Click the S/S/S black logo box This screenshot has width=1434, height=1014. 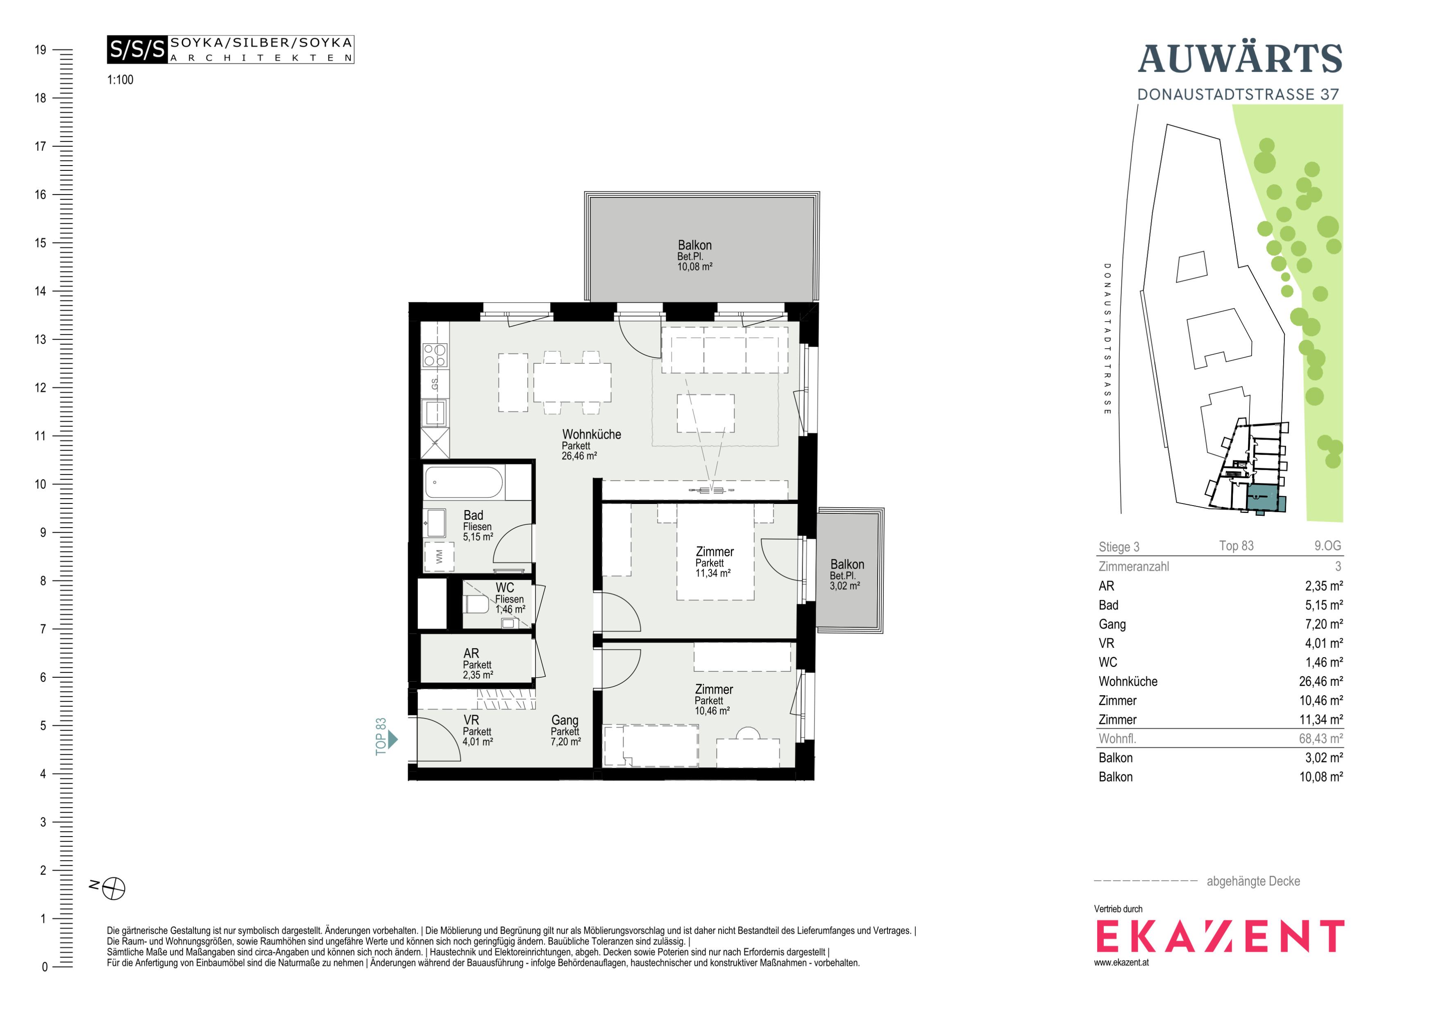pos(137,49)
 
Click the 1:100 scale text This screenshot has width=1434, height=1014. pos(120,80)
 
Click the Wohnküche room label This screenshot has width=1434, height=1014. pos(592,435)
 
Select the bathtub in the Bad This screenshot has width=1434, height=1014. pos(464,483)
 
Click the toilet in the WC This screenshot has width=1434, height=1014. pos(476,604)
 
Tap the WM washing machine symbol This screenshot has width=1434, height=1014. pos(439,556)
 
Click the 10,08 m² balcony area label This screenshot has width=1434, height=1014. pos(694,267)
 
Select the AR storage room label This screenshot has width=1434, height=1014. pos(471,653)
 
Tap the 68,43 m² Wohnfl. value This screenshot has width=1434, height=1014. pos(1321,739)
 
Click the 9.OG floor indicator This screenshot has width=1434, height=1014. pos(1327,546)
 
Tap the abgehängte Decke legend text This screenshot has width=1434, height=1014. pos(1253,881)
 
